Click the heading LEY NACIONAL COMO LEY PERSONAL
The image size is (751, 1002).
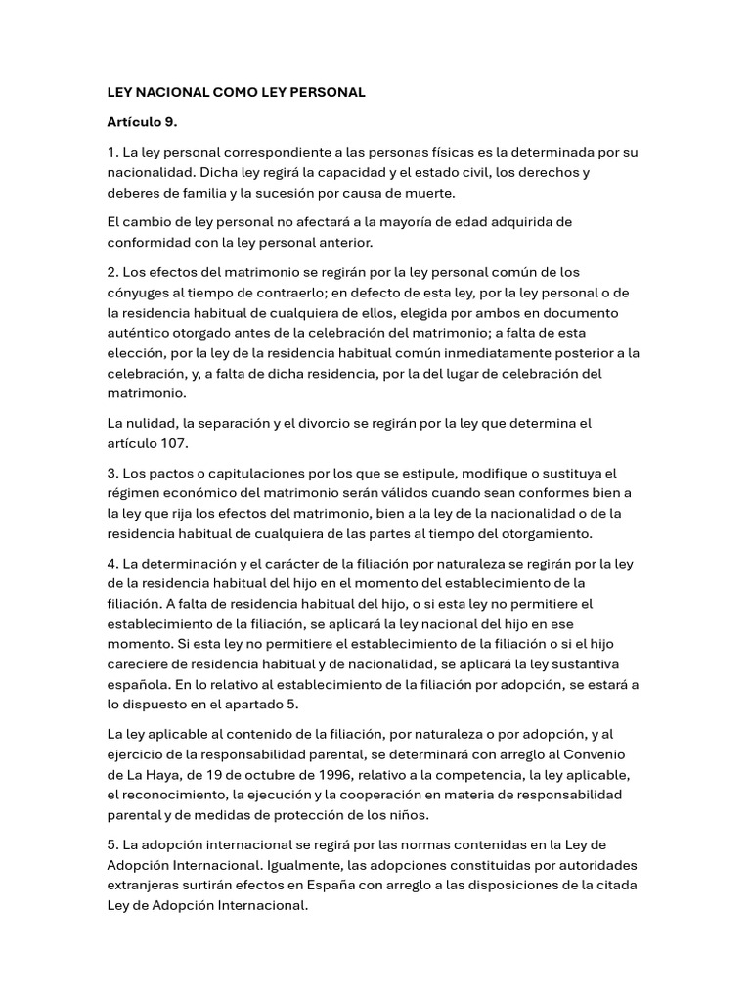pos(236,92)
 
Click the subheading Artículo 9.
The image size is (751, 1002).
pos(142,122)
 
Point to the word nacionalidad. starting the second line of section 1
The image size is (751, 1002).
pos(148,172)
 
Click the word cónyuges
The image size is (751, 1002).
pos(137,292)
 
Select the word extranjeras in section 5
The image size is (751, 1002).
pos(142,886)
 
